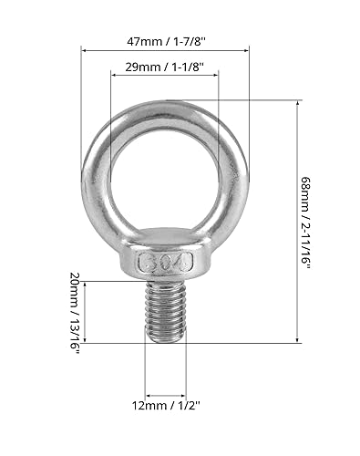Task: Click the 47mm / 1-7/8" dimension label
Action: click(x=166, y=41)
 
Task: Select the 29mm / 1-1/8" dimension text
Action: click(x=164, y=67)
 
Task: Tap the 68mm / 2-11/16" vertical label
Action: click(x=306, y=223)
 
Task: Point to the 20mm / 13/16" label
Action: click(x=75, y=314)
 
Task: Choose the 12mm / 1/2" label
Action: click(x=166, y=405)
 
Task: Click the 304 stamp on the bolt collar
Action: click(x=166, y=262)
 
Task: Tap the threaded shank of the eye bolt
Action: click(x=166, y=311)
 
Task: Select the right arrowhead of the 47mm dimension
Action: click(x=246, y=51)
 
